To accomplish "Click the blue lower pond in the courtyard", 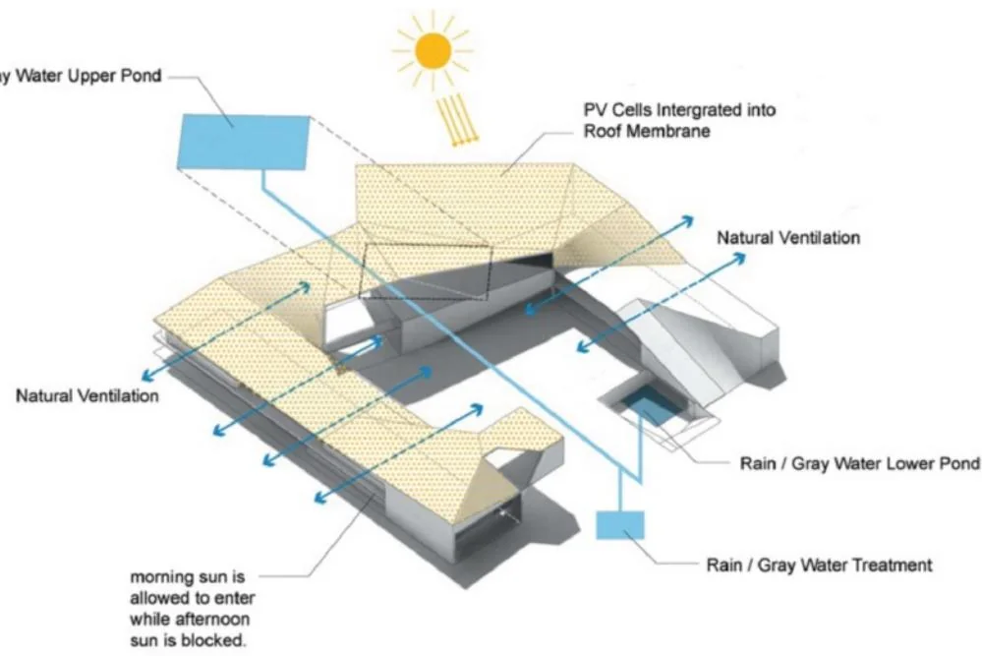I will pyautogui.click(x=648, y=402).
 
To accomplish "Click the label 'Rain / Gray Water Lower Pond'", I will pyautogui.click(x=860, y=463).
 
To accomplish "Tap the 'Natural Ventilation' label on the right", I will pyautogui.click(x=788, y=238).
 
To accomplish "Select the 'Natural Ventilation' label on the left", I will pyautogui.click(x=87, y=396).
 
